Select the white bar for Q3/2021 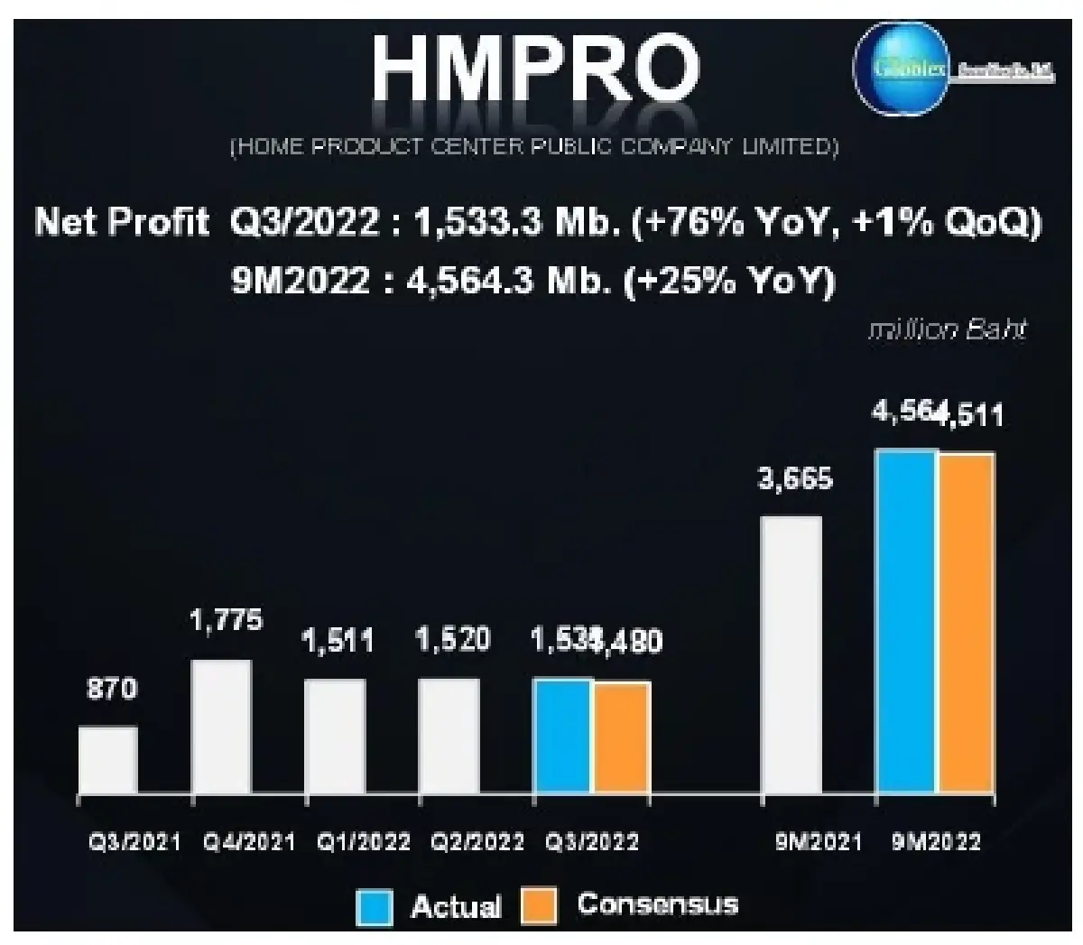[x=107, y=761]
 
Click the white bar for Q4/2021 [x=221, y=727]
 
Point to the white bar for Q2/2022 [x=449, y=737]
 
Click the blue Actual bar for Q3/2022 [x=563, y=737]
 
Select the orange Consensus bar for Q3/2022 [x=622, y=738]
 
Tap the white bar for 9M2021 [x=791, y=656]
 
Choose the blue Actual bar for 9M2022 [x=906, y=623]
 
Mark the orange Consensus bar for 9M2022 [x=967, y=625]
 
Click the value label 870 [x=112, y=690]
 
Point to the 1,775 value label [x=227, y=620]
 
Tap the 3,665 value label [x=795, y=478]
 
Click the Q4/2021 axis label [x=250, y=842]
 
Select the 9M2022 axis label [x=936, y=842]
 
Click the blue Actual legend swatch [x=375, y=906]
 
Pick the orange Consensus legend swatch [x=539, y=905]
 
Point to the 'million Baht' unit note [x=947, y=329]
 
